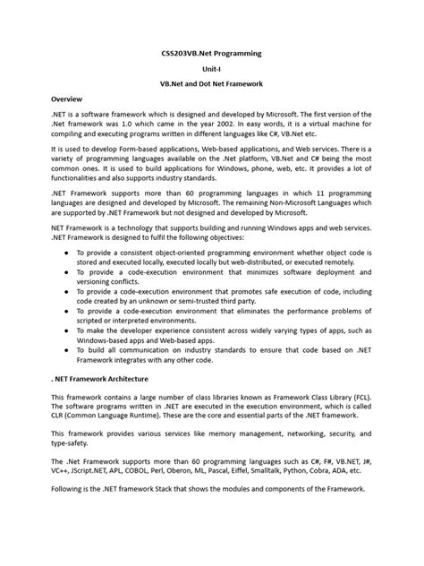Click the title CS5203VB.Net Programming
(x=211, y=54)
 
